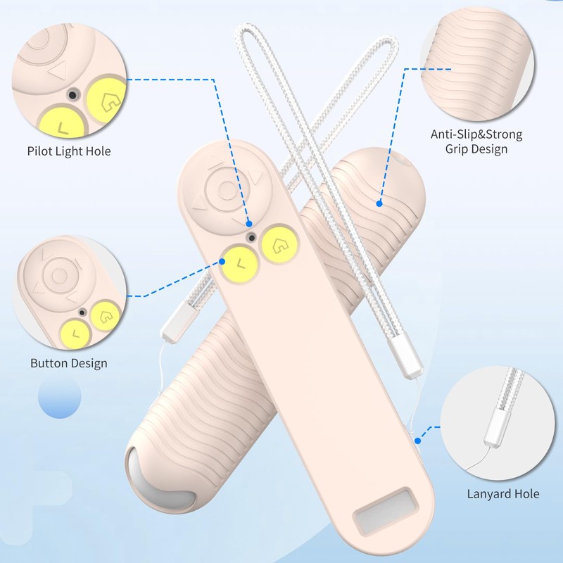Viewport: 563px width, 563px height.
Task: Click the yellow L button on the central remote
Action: [239, 264]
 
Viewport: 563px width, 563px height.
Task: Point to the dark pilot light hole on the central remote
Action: [251, 236]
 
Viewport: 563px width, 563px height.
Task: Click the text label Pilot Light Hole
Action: [69, 151]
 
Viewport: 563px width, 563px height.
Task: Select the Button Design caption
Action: [69, 363]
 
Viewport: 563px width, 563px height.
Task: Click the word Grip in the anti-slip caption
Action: [457, 149]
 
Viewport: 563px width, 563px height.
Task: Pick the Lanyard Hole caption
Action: [503, 493]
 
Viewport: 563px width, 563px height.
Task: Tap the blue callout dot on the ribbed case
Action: [379, 204]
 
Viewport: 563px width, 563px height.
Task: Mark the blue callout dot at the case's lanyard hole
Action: [418, 441]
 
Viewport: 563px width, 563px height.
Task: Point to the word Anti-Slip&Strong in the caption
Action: [476, 134]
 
